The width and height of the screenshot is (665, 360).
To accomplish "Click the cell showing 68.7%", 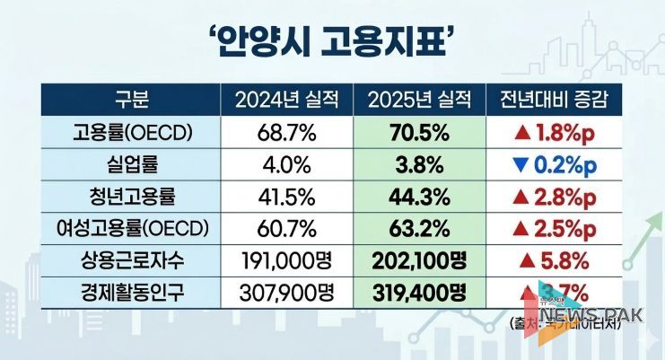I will point(285,133).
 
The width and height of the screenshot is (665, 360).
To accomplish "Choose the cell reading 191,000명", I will point(285,262).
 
